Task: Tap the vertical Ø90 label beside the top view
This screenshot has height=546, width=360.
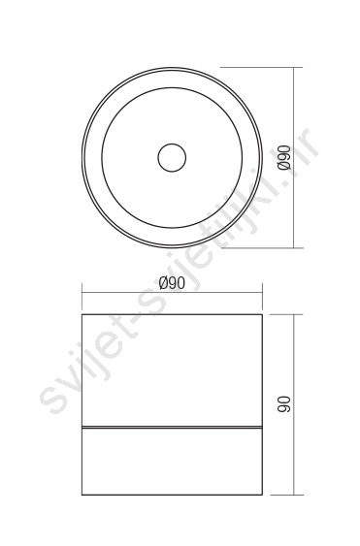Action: click(284, 158)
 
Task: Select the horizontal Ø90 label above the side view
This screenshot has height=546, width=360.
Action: click(172, 283)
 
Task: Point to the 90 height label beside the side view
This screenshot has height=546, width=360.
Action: click(284, 404)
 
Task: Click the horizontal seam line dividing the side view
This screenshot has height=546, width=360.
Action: click(172, 427)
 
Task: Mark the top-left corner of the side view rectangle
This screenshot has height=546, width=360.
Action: click(82, 314)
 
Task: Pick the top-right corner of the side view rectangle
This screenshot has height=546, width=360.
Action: click(262, 314)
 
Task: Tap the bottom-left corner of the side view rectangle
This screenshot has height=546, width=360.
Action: click(82, 495)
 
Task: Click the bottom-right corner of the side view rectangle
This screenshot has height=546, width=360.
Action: click(262, 495)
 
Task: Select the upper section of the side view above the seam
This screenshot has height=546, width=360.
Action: click(172, 370)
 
